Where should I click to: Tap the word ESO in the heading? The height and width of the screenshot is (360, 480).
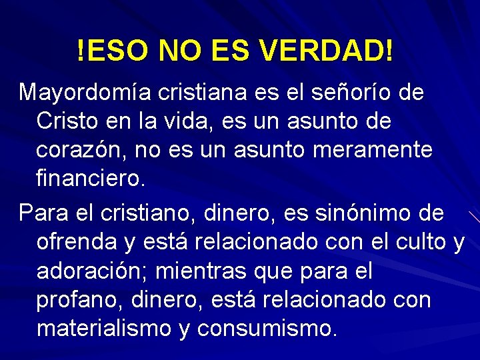(x=118, y=51)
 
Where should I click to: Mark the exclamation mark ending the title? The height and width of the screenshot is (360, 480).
(x=389, y=51)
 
